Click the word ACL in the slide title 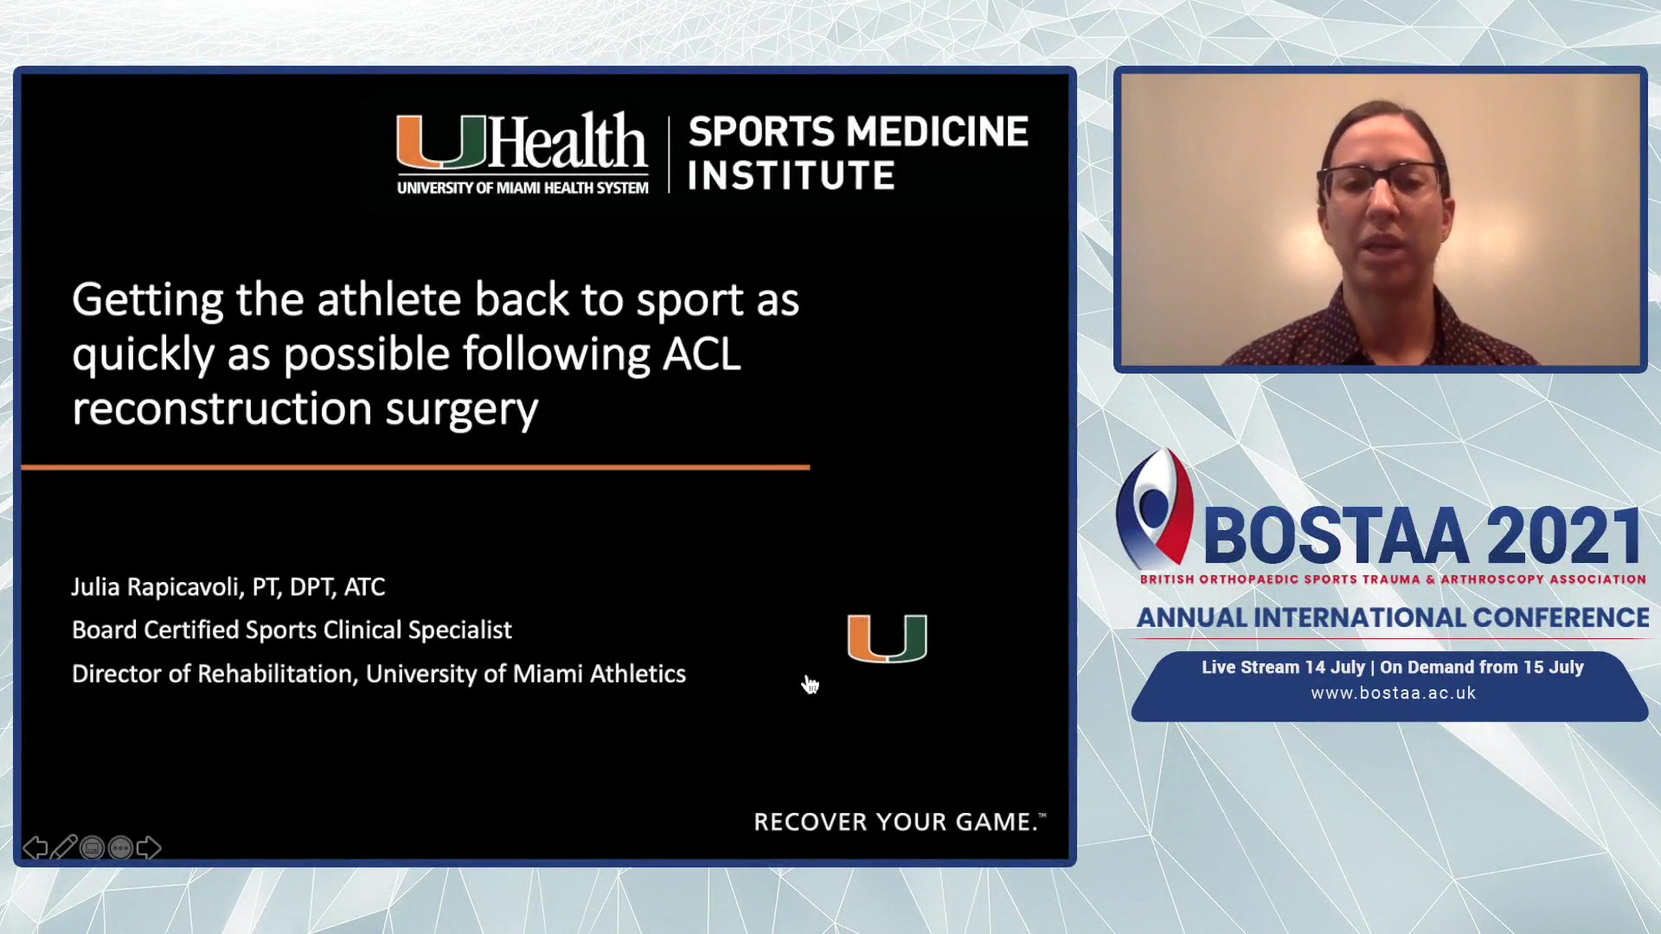[702, 354]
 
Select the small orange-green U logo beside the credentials [887, 638]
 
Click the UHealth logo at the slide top [522, 152]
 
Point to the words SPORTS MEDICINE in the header [858, 131]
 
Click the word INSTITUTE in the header [792, 176]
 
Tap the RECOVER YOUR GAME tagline [900, 822]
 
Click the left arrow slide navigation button [35, 848]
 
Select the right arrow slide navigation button [149, 848]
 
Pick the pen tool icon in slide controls [63, 847]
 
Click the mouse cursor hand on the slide [810, 685]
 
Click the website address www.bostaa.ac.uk [1393, 693]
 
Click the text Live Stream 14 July [1282, 667]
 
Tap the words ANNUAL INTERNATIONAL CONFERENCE [1393, 617]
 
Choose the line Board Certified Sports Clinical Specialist [292, 630]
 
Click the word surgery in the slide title [462, 410]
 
